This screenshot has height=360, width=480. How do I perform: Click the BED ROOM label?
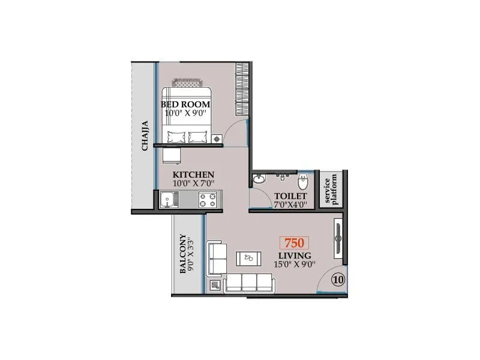(185, 104)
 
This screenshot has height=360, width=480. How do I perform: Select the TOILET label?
(290, 196)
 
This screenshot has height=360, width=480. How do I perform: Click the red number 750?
(294, 243)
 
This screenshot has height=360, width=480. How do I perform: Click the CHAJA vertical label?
(145, 137)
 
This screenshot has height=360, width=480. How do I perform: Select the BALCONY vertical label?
(182, 254)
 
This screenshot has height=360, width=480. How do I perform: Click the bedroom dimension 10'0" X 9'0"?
(185, 113)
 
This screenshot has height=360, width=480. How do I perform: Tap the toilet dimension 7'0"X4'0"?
(290, 205)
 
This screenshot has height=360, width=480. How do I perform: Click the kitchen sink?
(167, 199)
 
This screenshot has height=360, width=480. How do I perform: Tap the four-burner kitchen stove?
(208, 200)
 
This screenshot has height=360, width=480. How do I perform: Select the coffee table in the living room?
(248, 259)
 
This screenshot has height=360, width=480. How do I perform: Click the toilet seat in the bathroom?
(303, 179)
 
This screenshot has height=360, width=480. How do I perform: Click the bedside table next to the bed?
(218, 139)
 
